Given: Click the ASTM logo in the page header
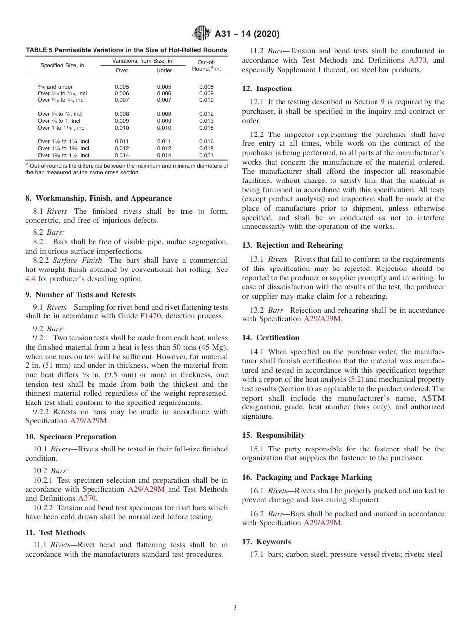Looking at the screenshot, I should click(201, 34).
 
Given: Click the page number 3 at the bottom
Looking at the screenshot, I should click(235, 607).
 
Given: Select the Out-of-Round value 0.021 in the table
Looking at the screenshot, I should click(206, 155).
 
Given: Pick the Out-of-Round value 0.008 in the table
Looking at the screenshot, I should click(206, 87).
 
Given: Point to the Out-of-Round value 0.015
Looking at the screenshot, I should click(206, 128).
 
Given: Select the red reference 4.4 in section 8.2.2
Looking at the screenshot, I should click(30, 279).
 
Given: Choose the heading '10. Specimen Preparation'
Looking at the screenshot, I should click(71, 437).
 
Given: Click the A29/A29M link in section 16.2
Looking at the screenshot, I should click(322, 523).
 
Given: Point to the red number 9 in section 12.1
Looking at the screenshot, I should click(382, 102).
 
